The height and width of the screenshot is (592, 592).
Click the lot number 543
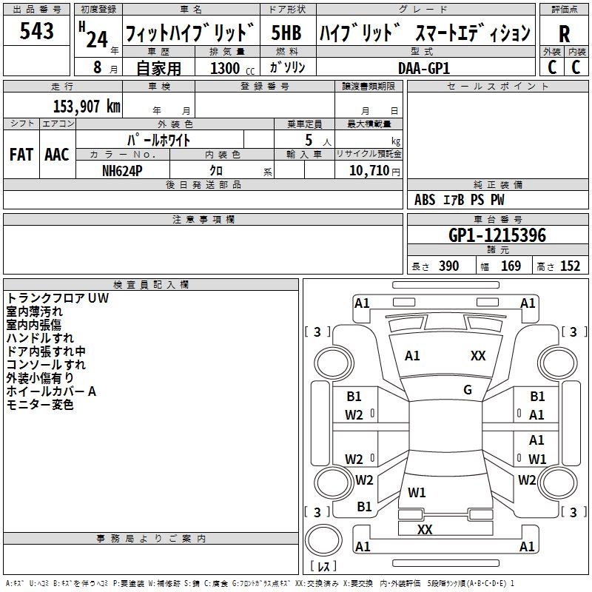coord(37,31)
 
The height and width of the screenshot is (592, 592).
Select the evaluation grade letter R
coord(565,34)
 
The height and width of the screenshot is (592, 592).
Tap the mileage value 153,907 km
coord(86,107)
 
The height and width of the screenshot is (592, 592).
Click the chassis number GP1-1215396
coord(497,235)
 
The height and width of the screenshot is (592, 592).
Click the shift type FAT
coord(21,155)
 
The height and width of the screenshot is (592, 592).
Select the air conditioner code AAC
coord(56,155)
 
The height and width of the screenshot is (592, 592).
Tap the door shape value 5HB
coord(286,33)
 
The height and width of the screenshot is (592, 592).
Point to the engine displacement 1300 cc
coord(230,68)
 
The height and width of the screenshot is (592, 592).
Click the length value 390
coord(448,266)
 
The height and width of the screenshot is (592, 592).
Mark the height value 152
coord(570,266)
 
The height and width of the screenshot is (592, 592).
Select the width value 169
coord(511,266)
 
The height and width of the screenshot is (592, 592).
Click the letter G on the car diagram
coord(468,390)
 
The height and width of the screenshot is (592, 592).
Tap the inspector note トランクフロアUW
coord(58,298)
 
